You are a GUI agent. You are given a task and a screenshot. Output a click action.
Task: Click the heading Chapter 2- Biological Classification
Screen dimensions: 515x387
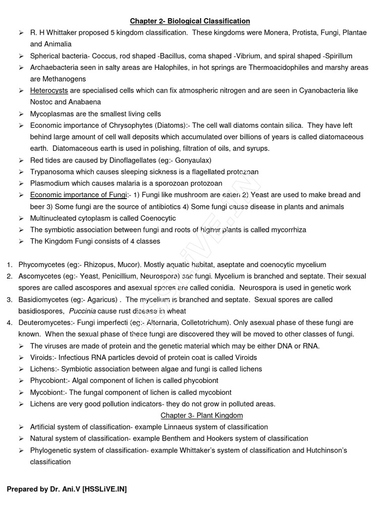tap(190, 21)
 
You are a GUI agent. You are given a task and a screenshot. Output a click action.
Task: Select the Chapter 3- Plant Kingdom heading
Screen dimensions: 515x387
tap(202, 415)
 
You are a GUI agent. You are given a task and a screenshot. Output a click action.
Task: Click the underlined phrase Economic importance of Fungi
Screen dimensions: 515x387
tap(79, 195)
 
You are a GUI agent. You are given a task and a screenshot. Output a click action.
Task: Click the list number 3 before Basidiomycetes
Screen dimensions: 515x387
tap(9, 299)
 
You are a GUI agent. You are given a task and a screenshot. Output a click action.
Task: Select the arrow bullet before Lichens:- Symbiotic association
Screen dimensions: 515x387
tap(21, 369)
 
